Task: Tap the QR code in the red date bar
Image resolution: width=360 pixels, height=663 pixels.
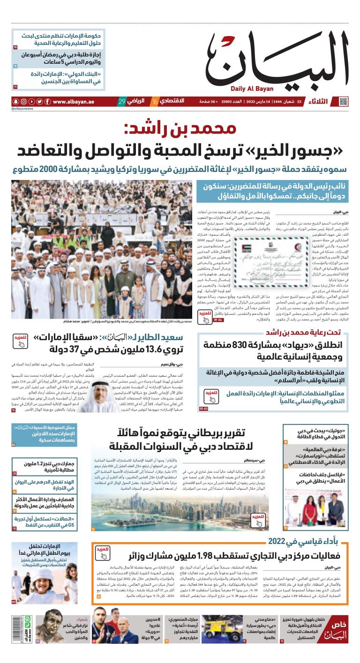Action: (x=344, y=102)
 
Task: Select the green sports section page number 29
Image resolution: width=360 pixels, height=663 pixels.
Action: (x=122, y=102)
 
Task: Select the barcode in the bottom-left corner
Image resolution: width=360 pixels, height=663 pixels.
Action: (x=28, y=628)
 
